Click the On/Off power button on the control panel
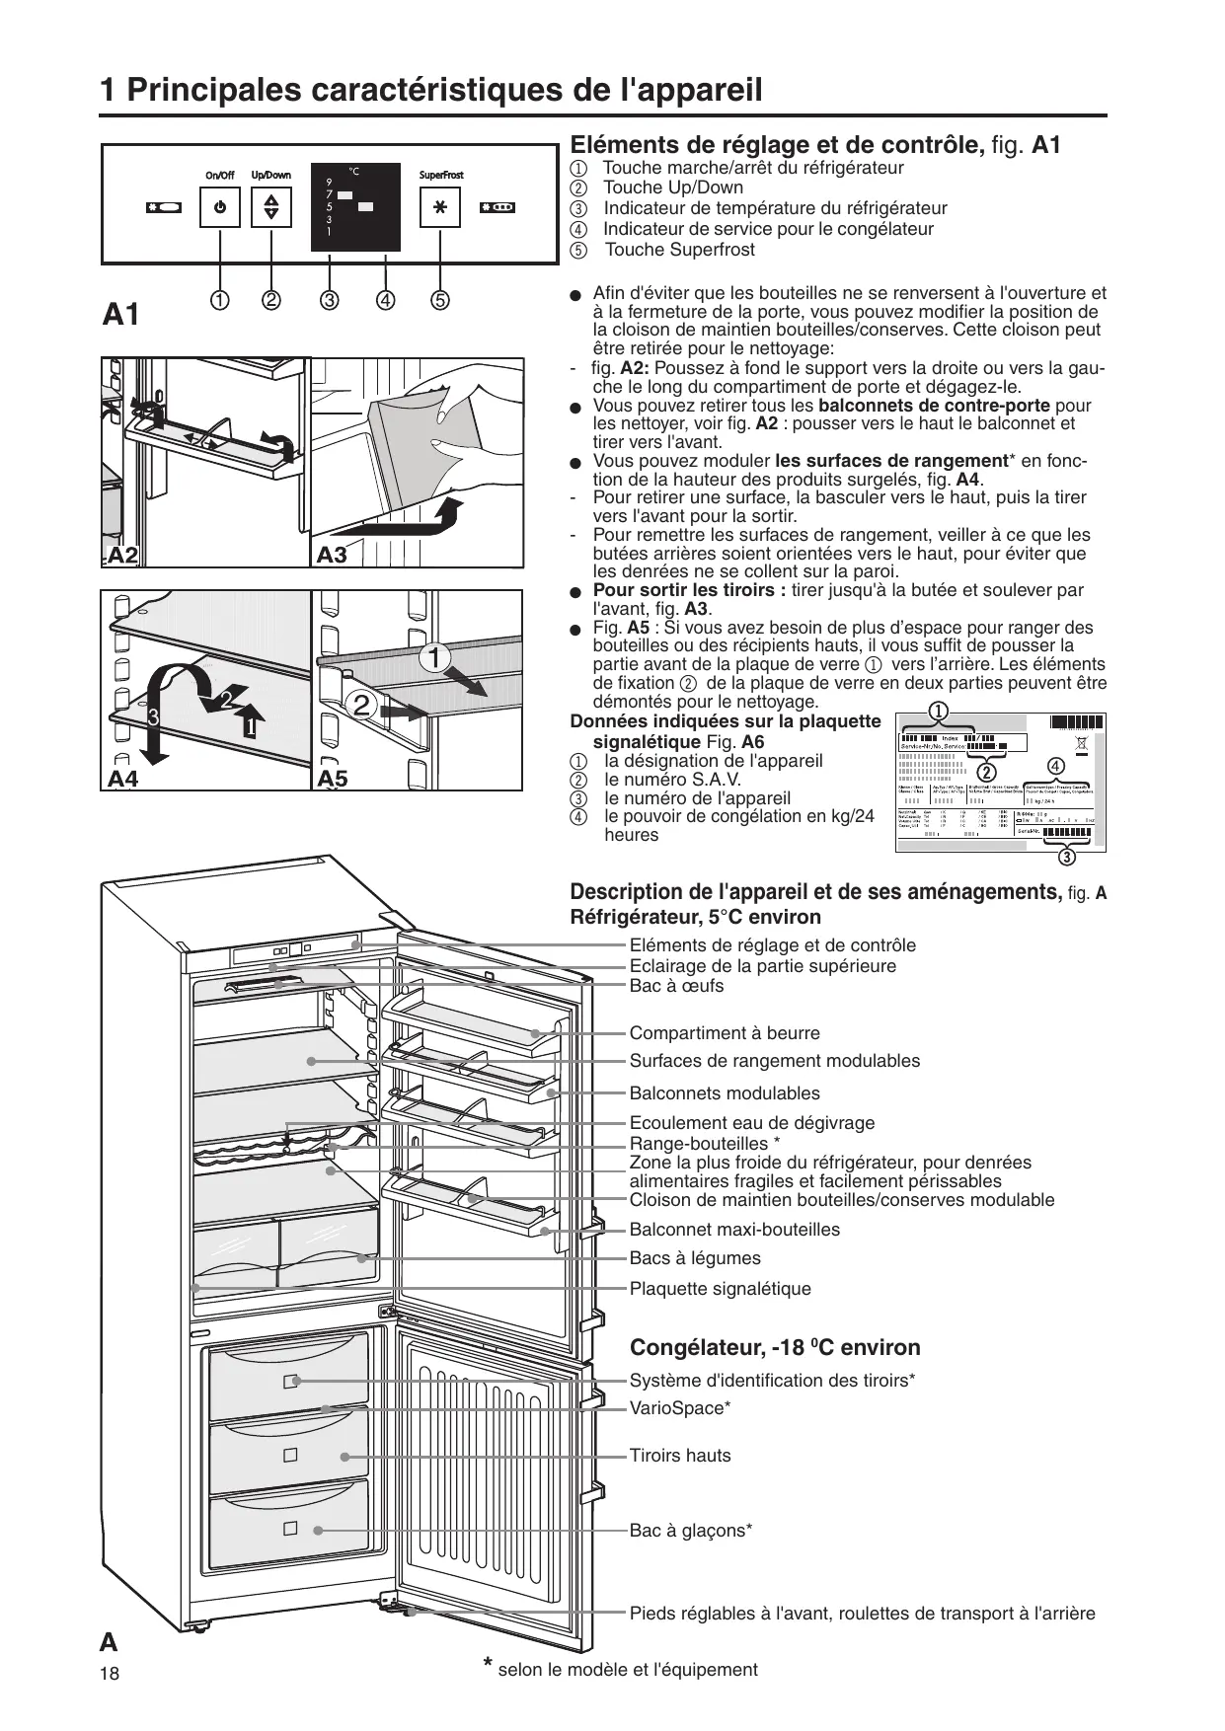[x=219, y=208]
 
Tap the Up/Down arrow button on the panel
[x=271, y=208]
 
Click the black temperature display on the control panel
[x=355, y=206]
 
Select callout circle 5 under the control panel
[x=439, y=300]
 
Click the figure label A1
[x=121, y=316]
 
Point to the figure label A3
[x=332, y=556]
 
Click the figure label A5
[x=333, y=779]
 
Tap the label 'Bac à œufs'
[x=676, y=986]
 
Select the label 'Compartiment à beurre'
[x=725, y=1033]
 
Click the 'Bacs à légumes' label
[x=695, y=1258]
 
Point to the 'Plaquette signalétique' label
[x=720, y=1289]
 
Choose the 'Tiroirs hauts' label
[x=680, y=1456]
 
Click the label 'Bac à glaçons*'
[x=691, y=1531]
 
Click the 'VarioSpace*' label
[x=680, y=1408]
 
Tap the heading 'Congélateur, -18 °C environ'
[x=775, y=1348]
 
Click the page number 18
[x=109, y=1674]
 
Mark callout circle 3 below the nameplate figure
[x=1067, y=856]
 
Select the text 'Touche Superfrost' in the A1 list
[x=679, y=250]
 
